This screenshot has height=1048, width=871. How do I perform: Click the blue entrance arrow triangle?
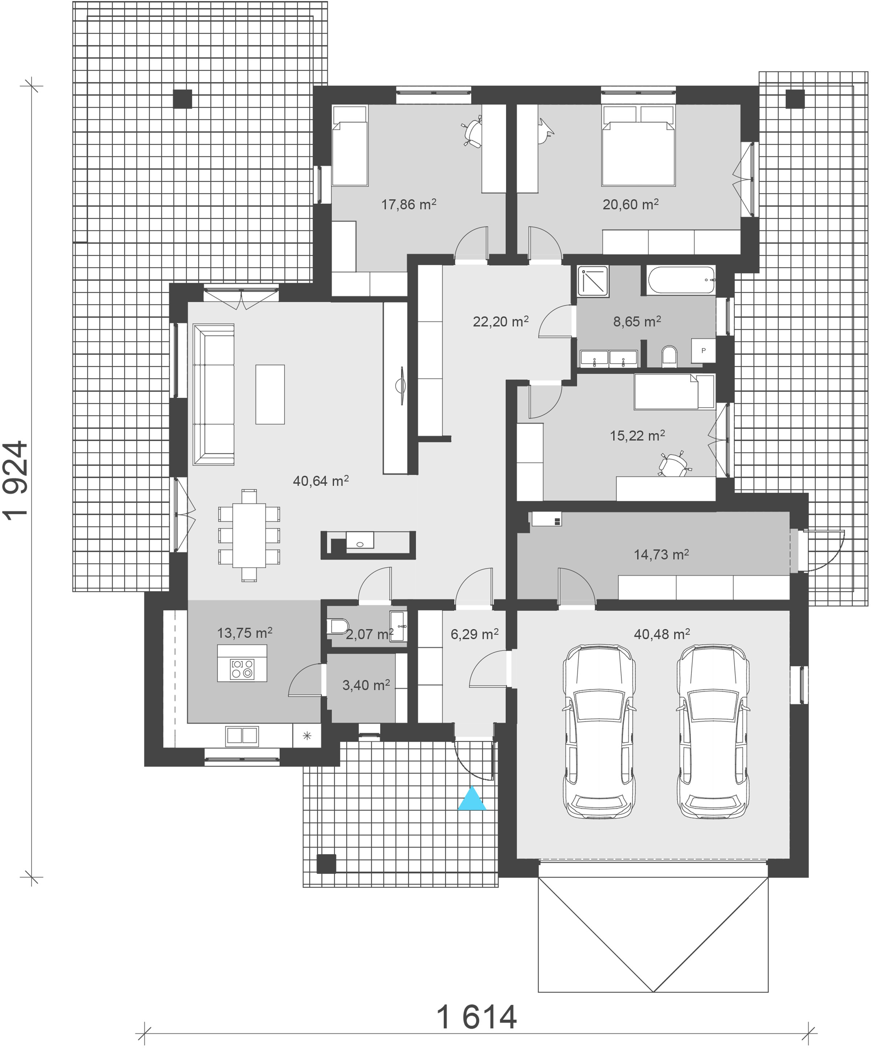tap(472, 799)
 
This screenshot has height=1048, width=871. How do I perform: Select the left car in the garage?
tap(599, 732)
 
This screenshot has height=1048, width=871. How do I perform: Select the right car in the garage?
tap(713, 732)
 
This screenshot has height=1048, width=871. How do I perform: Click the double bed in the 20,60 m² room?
tap(639, 146)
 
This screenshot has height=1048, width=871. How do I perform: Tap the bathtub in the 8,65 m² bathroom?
tap(681, 280)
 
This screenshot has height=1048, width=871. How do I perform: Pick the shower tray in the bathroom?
tap(593, 282)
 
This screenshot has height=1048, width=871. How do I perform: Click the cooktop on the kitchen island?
tap(242, 669)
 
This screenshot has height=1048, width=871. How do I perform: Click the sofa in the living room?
tap(214, 394)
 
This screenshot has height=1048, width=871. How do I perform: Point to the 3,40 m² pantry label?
tap(366, 685)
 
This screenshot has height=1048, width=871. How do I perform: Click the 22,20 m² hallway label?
tap(500, 322)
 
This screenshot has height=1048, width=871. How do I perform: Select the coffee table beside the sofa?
tap(270, 394)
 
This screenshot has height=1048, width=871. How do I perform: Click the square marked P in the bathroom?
tap(703, 350)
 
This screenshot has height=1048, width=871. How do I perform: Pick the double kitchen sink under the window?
tap(242, 736)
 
